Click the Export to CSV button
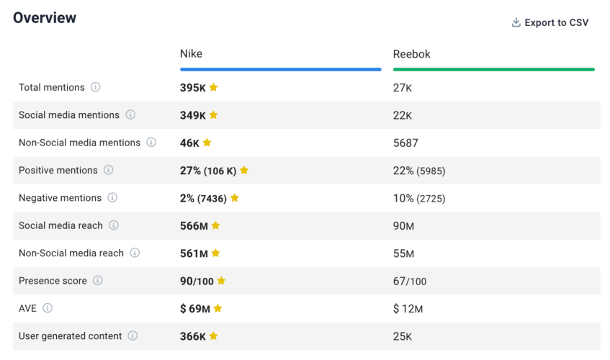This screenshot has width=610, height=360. [550, 22]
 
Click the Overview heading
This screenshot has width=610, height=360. [45, 18]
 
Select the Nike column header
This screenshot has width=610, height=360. [191, 54]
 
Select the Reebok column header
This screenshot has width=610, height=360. [412, 54]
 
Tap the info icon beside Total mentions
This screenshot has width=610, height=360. [96, 87]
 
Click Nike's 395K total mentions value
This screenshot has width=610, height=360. [193, 88]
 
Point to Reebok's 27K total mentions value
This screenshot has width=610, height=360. [403, 88]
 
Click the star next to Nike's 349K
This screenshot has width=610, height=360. [214, 115]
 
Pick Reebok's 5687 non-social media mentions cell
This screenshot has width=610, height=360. [405, 143]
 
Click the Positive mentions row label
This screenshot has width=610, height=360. [58, 171]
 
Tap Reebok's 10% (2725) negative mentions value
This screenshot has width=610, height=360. [419, 198]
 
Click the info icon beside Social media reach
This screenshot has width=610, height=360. [114, 225]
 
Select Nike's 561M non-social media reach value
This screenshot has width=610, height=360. [194, 253]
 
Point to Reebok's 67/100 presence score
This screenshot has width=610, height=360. [410, 281]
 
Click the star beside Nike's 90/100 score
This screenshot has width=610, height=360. [221, 281]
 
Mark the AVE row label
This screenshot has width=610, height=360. [27, 308]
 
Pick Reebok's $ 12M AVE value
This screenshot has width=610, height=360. [408, 309]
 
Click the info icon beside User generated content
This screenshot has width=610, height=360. [133, 336]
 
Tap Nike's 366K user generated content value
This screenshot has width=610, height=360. [193, 336]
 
